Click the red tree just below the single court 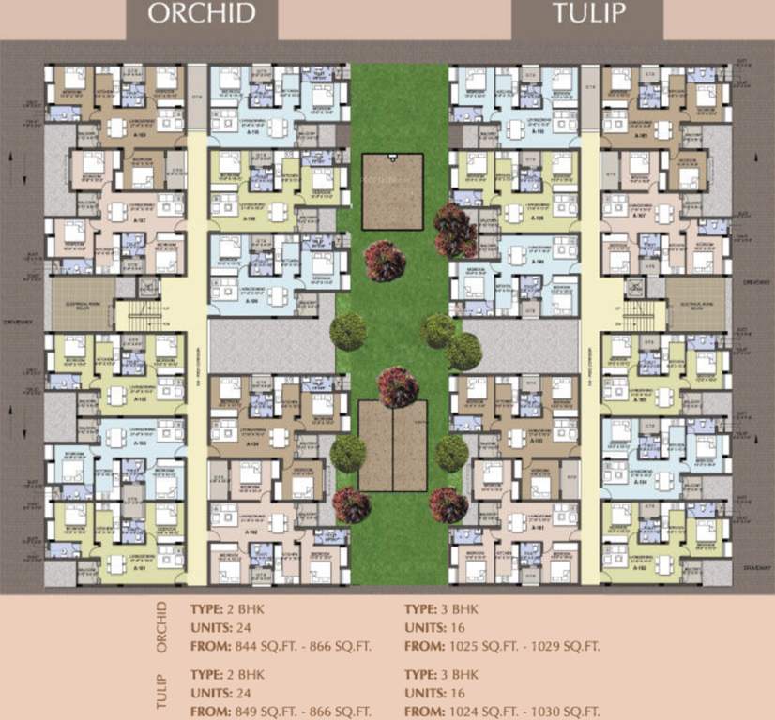point(385,261)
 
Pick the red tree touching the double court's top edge point(398,386)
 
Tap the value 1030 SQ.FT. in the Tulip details point(558,712)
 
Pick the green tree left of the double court point(348,453)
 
